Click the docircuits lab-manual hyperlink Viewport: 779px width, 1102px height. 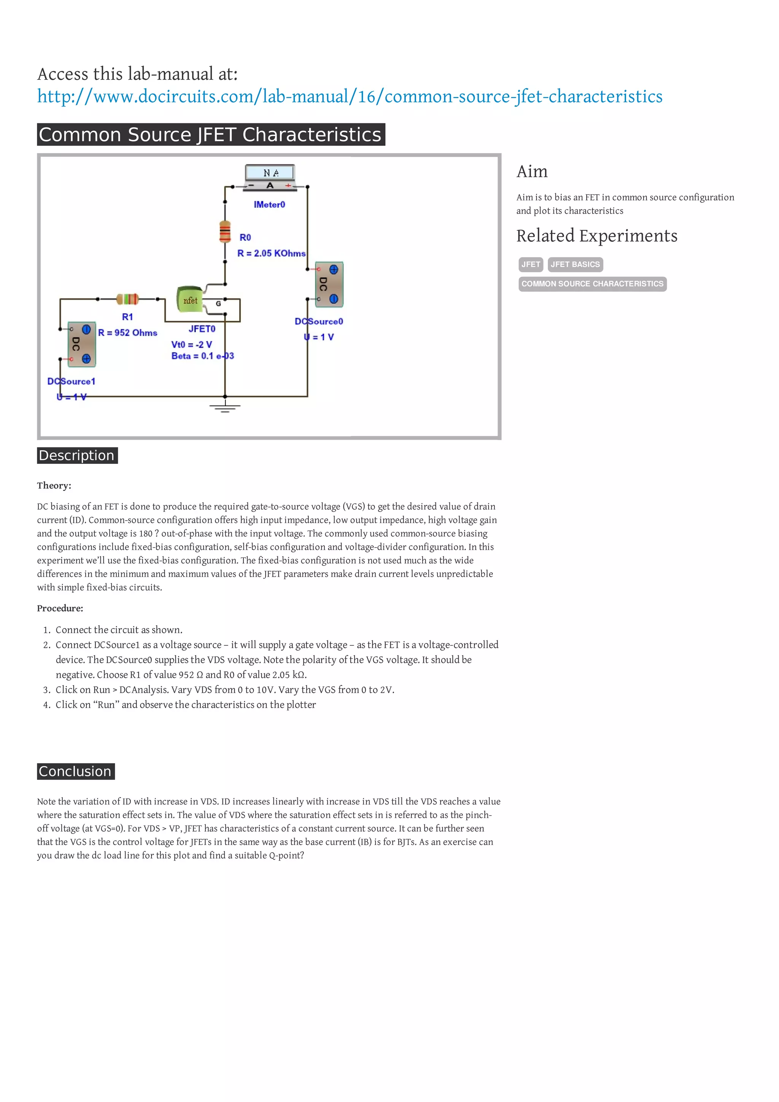[x=350, y=97]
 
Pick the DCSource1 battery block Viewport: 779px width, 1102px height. [x=82, y=344]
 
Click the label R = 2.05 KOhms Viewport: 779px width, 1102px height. [x=271, y=253]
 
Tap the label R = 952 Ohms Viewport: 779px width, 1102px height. [x=128, y=333]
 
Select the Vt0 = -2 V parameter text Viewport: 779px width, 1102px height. [x=191, y=345]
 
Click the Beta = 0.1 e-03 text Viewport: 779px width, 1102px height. [x=202, y=356]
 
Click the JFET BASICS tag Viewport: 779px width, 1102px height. [x=575, y=264]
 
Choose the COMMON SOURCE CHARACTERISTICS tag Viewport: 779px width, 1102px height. [x=592, y=284]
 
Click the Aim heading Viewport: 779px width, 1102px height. [x=532, y=171]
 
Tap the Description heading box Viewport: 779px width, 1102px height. [x=77, y=456]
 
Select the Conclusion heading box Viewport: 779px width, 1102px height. [x=76, y=771]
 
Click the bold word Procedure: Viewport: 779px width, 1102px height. [x=60, y=608]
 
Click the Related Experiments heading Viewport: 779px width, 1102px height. [x=596, y=236]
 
